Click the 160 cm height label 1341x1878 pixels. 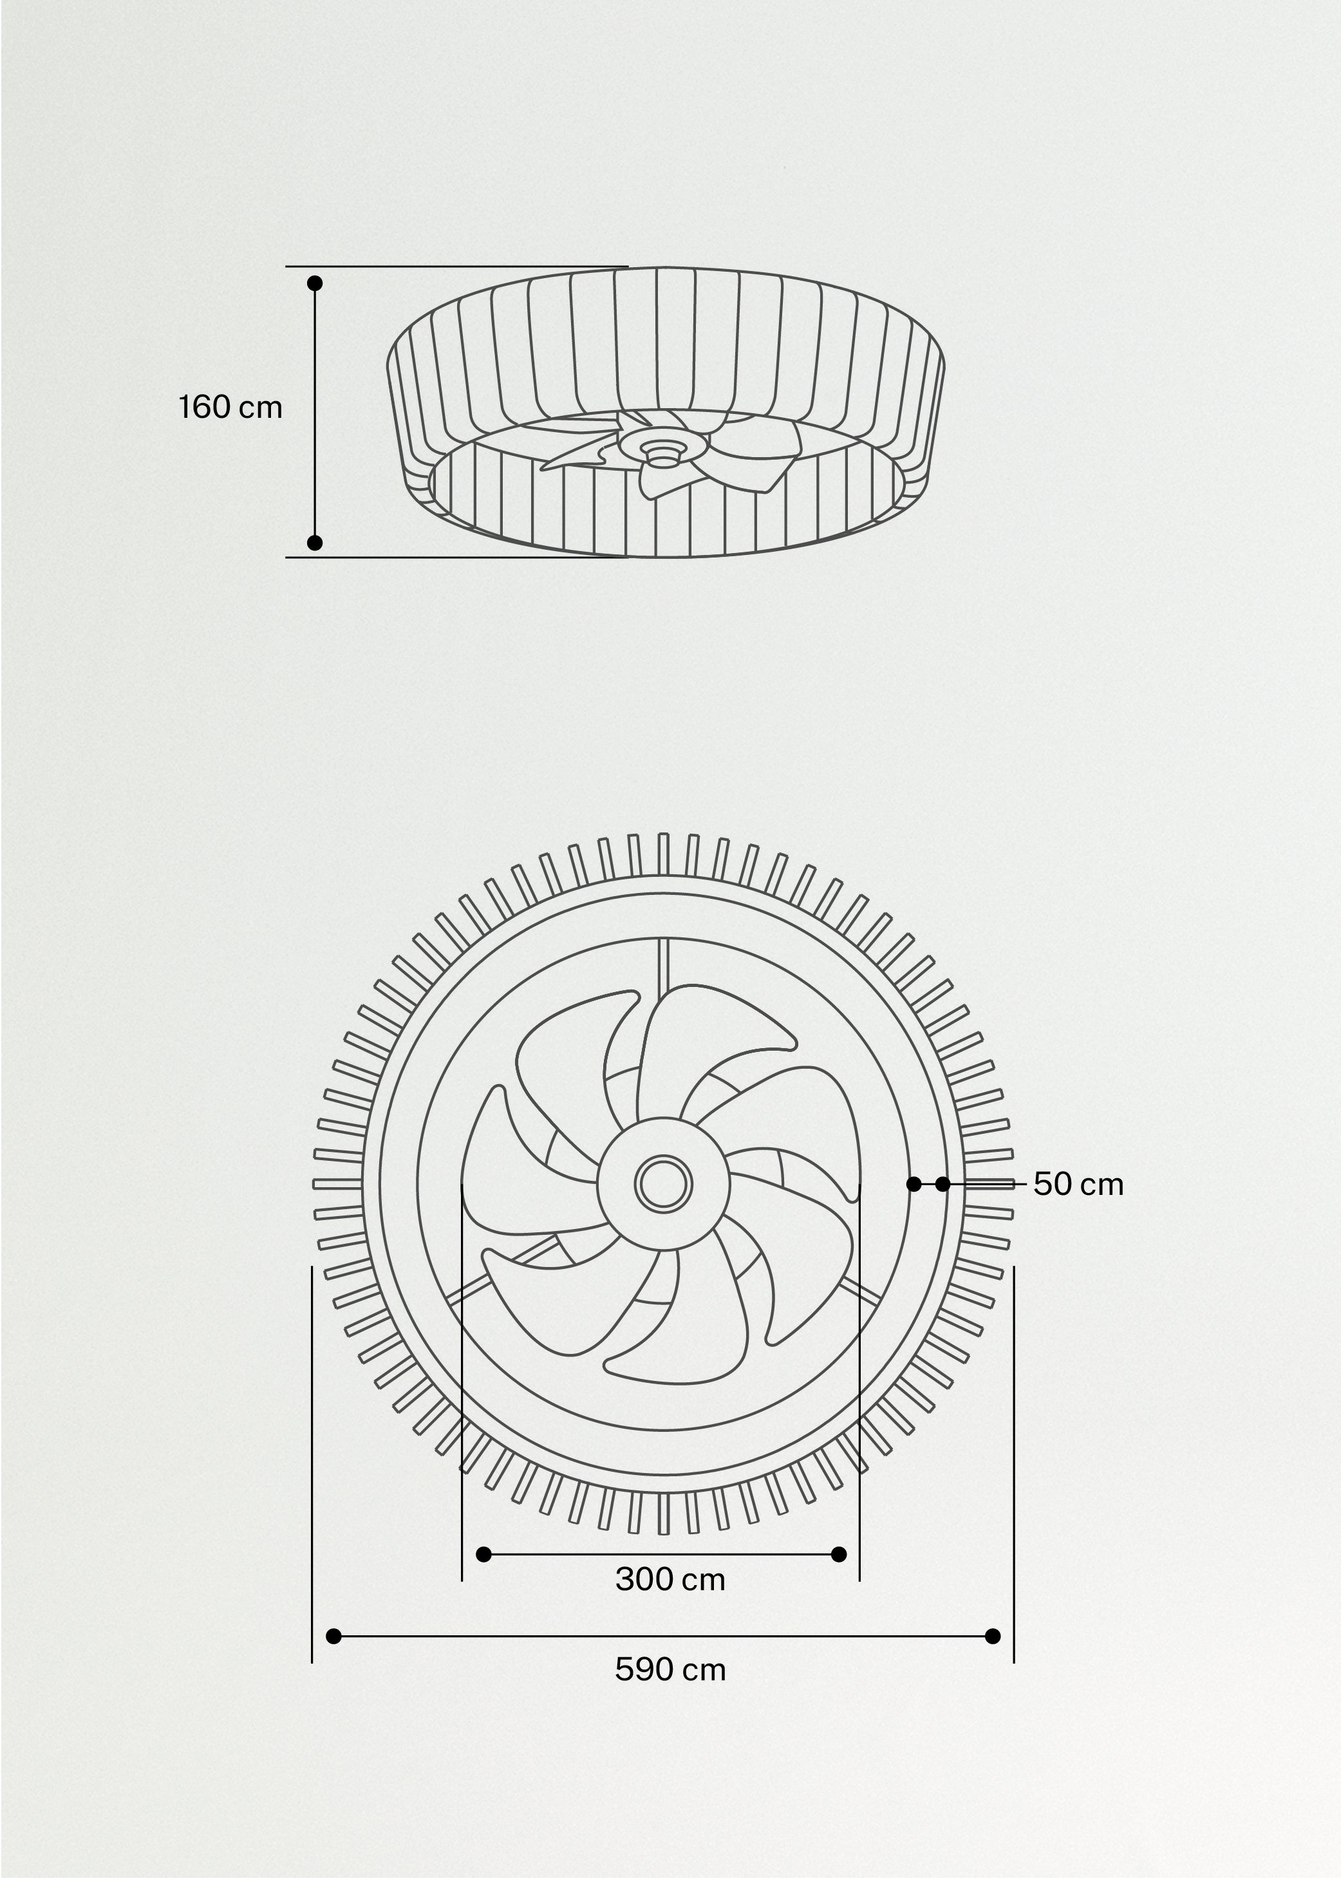click(230, 407)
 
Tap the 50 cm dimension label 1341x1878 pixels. click(1078, 1184)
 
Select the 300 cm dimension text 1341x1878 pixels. click(670, 1579)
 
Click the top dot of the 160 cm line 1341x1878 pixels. click(315, 283)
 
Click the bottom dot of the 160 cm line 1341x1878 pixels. click(315, 543)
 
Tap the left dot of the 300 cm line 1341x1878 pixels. click(485, 1554)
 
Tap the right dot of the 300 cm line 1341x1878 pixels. click(839, 1554)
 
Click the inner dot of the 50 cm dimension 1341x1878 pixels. click(914, 1184)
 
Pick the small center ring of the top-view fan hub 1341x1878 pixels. click(663, 1184)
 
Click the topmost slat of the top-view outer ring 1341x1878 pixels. click(663, 853)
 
